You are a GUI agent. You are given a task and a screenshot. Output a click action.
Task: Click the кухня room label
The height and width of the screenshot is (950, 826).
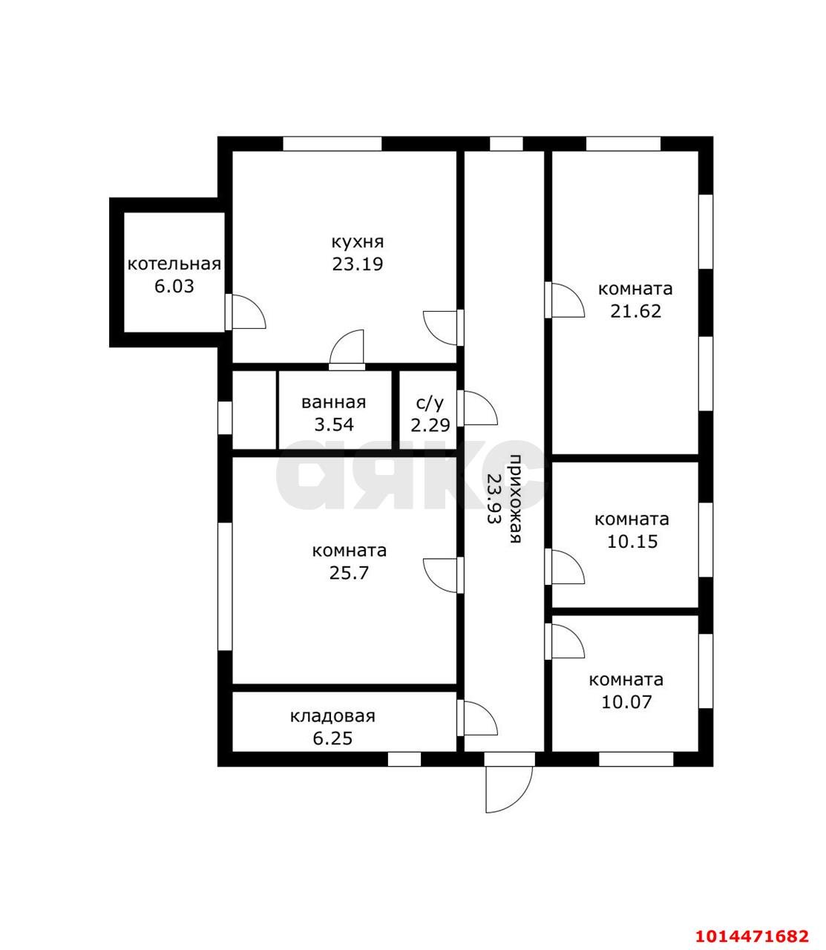point(357,243)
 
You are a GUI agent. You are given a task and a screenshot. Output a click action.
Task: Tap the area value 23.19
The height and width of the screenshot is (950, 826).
point(357,264)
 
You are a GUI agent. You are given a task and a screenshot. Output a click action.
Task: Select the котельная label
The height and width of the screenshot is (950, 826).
point(174,264)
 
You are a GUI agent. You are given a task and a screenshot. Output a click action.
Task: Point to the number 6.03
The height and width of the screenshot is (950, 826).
point(174,286)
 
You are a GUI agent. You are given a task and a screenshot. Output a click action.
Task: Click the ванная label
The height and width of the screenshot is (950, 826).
point(333,402)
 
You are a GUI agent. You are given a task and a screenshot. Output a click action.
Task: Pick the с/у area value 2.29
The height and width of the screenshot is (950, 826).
point(430,425)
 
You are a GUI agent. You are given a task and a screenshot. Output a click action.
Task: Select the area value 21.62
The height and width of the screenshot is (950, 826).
point(635,311)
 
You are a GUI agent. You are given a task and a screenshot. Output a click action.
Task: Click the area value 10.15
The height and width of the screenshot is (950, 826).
point(632,541)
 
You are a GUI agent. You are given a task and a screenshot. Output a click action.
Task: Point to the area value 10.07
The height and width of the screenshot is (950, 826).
point(626,701)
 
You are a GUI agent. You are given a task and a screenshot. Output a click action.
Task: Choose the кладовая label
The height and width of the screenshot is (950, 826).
point(332,716)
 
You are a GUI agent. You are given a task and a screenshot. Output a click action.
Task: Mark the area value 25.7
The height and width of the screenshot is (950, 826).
point(349,573)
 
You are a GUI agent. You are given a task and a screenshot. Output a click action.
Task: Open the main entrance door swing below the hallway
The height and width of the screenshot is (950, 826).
point(508,788)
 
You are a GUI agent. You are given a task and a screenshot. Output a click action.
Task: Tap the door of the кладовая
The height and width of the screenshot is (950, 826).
point(477,718)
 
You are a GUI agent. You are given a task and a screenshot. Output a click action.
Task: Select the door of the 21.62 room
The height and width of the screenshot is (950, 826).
point(564,300)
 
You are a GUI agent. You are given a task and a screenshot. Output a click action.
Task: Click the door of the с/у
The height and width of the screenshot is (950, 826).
point(477,408)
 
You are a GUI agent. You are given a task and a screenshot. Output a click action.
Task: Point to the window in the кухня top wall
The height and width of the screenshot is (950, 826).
point(332,143)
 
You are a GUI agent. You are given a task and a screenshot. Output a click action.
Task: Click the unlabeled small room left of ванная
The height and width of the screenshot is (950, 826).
point(255,410)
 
